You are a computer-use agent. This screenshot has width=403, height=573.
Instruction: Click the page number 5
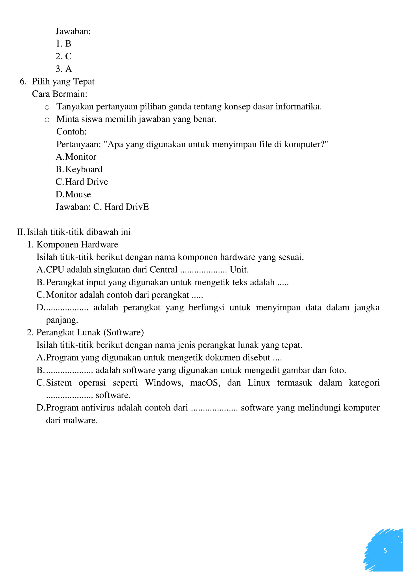pos(385,550)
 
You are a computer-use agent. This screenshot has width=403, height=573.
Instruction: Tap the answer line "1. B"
pos(63,44)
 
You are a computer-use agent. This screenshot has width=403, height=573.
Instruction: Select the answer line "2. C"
pos(63,56)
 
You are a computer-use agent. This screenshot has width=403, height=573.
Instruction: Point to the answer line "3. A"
pos(64,69)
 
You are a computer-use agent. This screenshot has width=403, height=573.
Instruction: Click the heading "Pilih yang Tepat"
pos(63,81)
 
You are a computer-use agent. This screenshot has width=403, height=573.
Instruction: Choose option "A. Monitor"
pos(76,157)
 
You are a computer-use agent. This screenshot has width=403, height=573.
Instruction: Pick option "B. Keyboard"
pos(79,169)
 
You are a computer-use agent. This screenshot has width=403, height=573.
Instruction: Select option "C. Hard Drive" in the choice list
pos(82,182)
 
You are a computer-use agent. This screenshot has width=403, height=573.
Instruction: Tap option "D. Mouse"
pos(73,194)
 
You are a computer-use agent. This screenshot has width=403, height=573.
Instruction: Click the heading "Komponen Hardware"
pos(77,244)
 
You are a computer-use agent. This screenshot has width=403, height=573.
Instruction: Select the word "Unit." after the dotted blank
pos(239,270)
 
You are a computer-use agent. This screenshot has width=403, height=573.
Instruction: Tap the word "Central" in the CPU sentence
pos(163,270)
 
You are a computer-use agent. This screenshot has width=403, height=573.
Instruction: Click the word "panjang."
pos(62,320)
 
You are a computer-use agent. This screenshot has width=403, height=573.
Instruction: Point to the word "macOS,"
pos(205,383)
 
